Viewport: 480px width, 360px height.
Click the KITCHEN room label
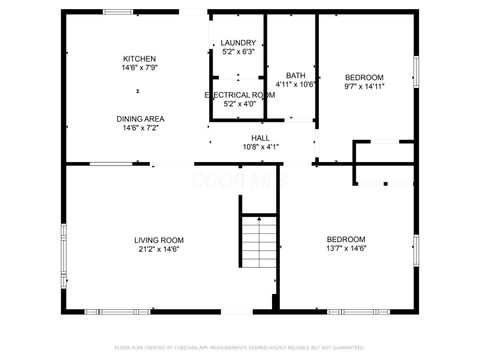(139, 58)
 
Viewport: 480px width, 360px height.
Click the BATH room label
(295, 76)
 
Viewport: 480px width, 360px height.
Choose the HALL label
(260, 138)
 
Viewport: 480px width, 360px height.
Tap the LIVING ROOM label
(159, 239)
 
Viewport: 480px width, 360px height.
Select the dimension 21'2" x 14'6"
(159, 249)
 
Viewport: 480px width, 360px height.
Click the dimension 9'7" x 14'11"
(364, 86)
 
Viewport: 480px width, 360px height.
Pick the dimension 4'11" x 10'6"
(295, 85)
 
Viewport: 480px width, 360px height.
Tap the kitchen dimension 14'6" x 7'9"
(139, 67)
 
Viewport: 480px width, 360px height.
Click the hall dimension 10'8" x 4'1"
(260, 147)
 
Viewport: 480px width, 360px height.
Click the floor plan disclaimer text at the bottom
(239, 347)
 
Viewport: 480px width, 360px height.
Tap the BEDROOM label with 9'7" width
(364, 77)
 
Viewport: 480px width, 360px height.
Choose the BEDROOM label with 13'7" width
(346, 239)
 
